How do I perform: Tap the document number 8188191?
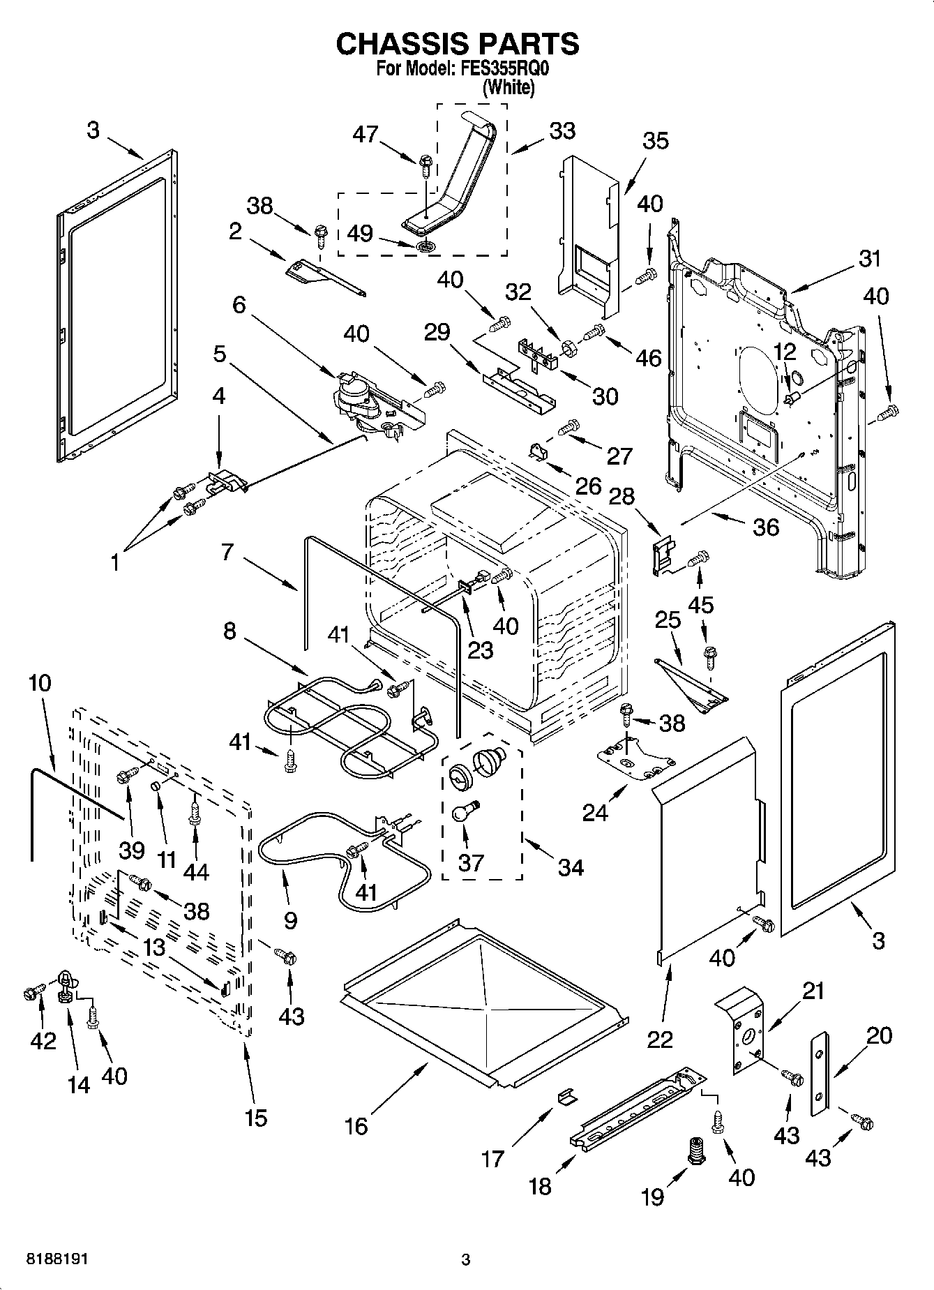[57, 1259]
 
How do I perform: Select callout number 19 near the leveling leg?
[652, 1197]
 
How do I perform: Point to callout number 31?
[869, 259]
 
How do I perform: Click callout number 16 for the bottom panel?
[356, 1125]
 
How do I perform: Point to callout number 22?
[660, 1038]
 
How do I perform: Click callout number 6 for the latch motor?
[239, 305]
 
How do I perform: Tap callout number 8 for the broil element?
[229, 631]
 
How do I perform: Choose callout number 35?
[654, 140]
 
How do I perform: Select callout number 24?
[595, 811]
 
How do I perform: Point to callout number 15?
[256, 1118]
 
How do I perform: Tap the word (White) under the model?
[509, 87]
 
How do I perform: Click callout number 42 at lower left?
[43, 1041]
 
